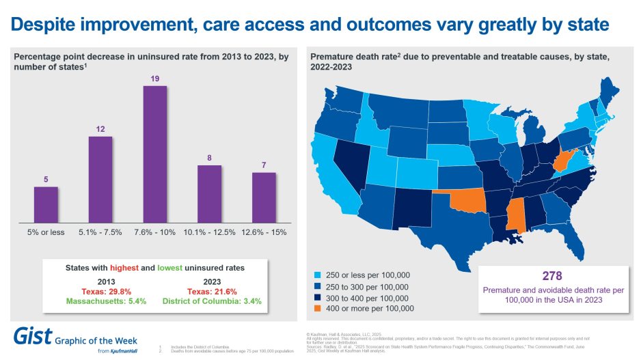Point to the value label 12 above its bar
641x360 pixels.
click(x=100, y=129)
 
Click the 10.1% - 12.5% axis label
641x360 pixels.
click(x=210, y=232)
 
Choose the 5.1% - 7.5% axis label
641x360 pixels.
click(x=100, y=232)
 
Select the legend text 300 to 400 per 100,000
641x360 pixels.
click(x=368, y=298)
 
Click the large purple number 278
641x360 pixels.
click(x=551, y=276)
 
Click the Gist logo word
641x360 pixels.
click(x=31, y=336)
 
